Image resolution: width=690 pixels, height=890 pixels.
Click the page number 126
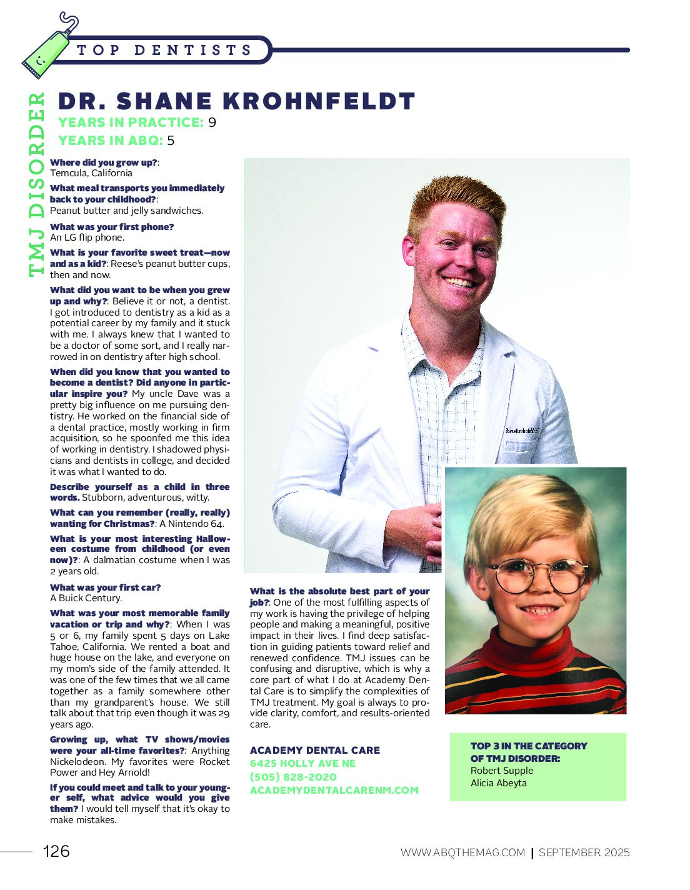pyautogui.click(x=56, y=851)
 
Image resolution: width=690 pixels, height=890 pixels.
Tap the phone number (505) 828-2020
pyautogui.click(x=293, y=777)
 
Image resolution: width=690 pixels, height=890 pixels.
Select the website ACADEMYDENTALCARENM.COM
pyautogui.click(x=334, y=790)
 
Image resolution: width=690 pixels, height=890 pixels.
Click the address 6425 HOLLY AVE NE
pyautogui.click(x=302, y=763)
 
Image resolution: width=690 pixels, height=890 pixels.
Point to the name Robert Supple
pyautogui.click(x=501, y=771)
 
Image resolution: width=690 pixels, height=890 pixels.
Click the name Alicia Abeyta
pyautogui.click(x=498, y=783)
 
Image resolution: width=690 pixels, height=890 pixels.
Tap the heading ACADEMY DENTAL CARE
pyautogui.click(x=314, y=750)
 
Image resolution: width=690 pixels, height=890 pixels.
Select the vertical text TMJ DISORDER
pyautogui.click(x=37, y=184)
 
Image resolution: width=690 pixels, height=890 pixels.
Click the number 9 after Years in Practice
pyautogui.click(x=212, y=122)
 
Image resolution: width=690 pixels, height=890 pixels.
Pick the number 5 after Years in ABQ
pyautogui.click(x=171, y=141)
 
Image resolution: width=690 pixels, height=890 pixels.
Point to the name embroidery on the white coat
pyautogui.click(x=521, y=431)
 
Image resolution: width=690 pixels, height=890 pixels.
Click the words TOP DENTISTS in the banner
pyautogui.click(x=164, y=50)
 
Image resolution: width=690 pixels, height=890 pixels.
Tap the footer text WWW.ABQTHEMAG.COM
pyautogui.click(x=462, y=852)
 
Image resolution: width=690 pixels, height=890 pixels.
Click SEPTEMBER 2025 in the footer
pyautogui.click(x=584, y=852)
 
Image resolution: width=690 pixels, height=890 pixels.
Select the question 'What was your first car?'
pyautogui.click(x=105, y=587)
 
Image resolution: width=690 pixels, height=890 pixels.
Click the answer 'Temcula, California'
pyautogui.click(x=91, y=173)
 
